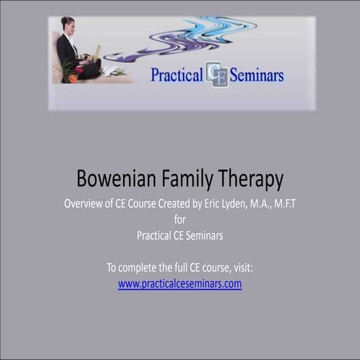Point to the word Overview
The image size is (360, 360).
[x=85, y=204]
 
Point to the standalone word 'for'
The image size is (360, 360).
[x=179, y=220]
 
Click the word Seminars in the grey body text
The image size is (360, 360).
[x=202, y=235]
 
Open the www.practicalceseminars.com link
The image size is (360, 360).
[x=180, y=284]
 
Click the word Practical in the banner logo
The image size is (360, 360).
[x=177, y=74]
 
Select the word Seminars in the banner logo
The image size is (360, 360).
[x=257, y=74]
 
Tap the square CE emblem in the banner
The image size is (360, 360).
[x=217, y=74]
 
